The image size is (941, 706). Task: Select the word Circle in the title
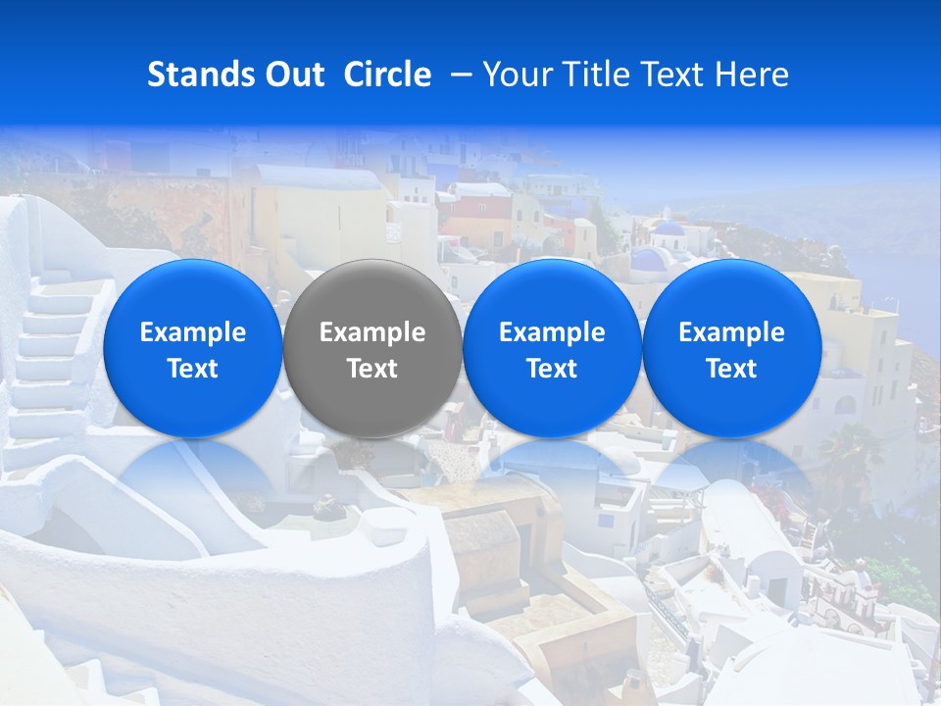(387, 75)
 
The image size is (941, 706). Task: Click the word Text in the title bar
(672, 75)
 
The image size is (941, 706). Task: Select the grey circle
(372, 348)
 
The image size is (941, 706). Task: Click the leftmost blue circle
(193, 348)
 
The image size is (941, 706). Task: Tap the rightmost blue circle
(731, 348)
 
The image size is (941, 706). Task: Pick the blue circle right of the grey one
(552, 348)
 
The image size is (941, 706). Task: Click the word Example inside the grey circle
(372, 332)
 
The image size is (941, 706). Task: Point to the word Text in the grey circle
(372, 369)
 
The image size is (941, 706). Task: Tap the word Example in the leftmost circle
(193, 332)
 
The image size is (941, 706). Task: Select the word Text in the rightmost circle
(731, 369)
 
